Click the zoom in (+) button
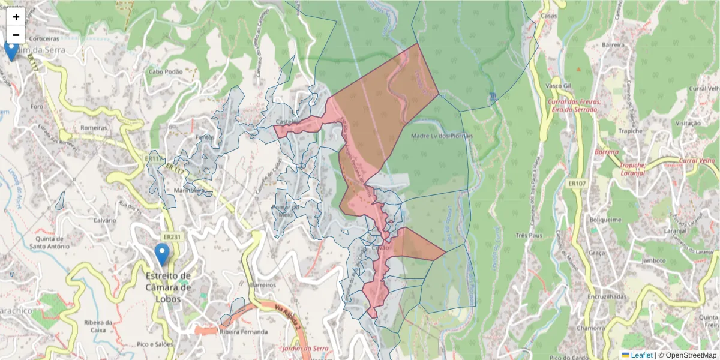16,17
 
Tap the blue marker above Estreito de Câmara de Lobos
161,254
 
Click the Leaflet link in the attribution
641,355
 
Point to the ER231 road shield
172,237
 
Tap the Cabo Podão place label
166,71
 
